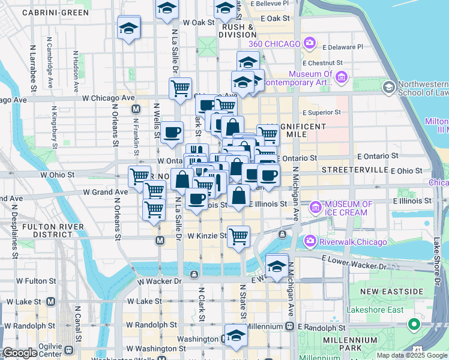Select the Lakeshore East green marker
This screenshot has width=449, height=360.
(413, 325)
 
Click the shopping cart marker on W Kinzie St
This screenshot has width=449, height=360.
(239, 237)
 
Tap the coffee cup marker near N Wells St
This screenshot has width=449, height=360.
(172, 132)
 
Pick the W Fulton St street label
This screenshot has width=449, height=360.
(36, 280)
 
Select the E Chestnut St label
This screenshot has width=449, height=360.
(323, 62)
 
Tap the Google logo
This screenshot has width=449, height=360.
(20, 352)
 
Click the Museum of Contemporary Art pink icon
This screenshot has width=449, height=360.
(342, 77)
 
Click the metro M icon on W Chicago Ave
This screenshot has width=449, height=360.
(136, 109)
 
